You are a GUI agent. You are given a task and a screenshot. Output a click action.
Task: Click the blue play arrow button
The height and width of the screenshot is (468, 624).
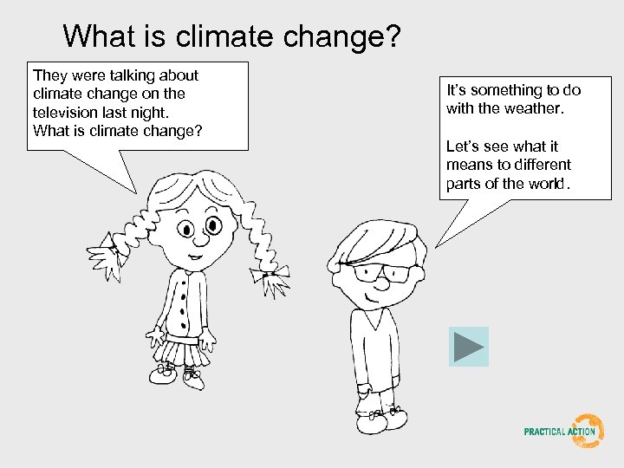(x=468, y=347)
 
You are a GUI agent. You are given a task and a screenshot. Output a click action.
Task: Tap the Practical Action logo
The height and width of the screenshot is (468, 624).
(x=563, y=431)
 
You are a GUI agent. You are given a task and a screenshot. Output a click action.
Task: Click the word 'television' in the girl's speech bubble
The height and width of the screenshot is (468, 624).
(x=65, y=112)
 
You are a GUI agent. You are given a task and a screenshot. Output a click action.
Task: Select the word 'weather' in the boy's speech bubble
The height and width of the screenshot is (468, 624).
(x=534, y=108)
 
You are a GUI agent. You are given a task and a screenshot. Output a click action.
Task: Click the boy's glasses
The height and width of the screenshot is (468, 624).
(x=381, y=275)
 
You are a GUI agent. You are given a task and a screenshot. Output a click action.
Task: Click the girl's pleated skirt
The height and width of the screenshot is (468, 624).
(x=185, y=351)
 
